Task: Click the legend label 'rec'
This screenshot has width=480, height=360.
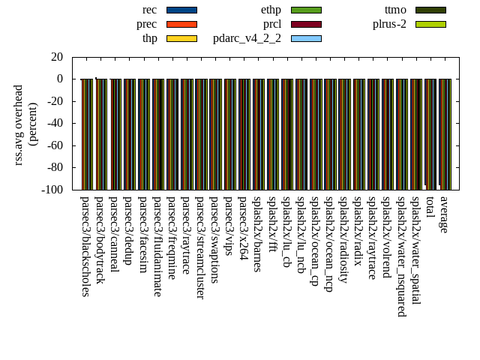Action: point(149,10)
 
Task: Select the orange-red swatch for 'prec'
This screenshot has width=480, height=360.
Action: point(181,24)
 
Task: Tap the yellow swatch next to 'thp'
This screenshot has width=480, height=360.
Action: point(181,38)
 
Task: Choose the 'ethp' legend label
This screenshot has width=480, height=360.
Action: point(271,10)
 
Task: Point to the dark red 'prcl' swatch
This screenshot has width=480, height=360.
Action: point(306,24)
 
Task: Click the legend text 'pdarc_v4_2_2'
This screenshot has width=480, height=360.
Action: point(247,38)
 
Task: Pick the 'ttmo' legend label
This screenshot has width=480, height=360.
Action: point(395,10)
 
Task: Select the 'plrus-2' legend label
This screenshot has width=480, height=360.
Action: point(389,24)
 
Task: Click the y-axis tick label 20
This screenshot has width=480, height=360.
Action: point(57,57)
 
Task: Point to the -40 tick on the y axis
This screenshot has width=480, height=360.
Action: point(55,124)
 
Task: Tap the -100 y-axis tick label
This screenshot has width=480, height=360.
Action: point(52,190)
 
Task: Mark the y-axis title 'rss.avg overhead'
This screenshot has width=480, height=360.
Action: point(19,124)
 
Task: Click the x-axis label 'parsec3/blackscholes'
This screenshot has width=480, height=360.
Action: point(85,246)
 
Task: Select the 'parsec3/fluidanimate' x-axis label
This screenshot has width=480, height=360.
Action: point(157,246)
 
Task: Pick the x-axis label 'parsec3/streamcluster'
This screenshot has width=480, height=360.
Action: point(200,247)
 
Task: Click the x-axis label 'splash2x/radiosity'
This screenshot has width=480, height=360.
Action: point(343,238)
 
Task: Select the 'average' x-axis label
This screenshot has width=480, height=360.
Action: point(444,214)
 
